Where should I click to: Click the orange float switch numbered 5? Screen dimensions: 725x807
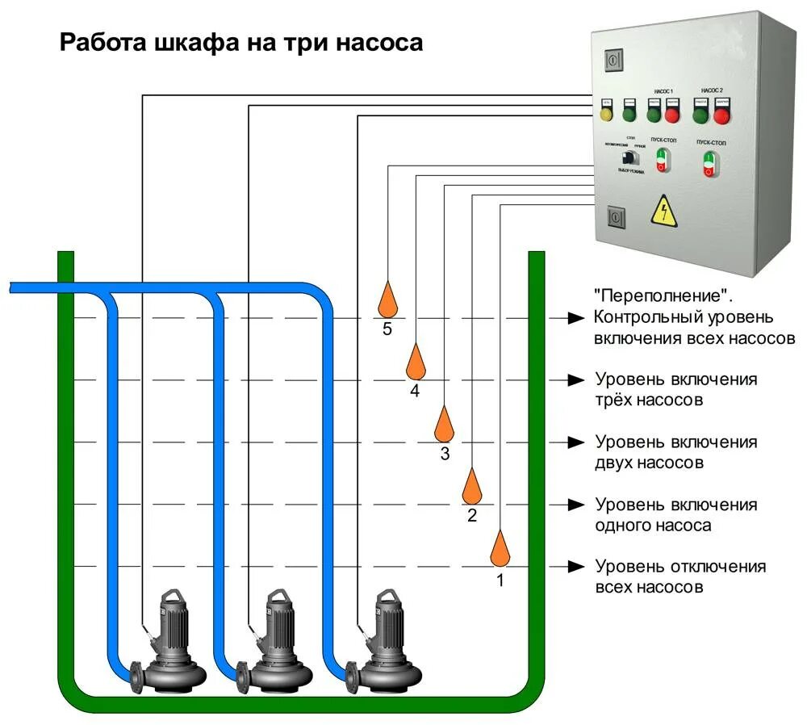[388, 300]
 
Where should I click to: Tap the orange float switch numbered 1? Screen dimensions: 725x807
[501, 549]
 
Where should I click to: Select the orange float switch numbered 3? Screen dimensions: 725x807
[445, 423]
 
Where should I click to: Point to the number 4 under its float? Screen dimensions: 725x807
[415, 392]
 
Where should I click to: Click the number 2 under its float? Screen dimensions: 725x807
[473, 515]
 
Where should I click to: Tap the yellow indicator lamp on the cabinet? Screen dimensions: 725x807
[608, 114]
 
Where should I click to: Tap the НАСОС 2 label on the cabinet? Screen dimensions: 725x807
[712, 90]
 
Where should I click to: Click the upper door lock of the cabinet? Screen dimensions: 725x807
[613, 60]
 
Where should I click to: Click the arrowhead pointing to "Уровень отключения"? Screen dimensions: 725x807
[575, 566]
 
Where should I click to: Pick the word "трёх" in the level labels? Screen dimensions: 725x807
[617, 400]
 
